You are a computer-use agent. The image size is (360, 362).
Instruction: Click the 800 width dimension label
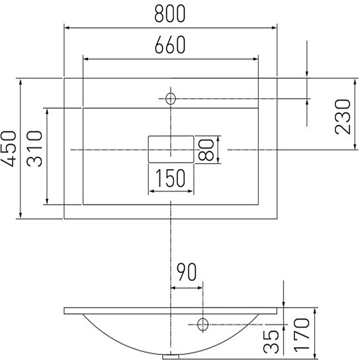coord(170,14)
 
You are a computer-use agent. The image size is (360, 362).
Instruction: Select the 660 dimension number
coord(170,45)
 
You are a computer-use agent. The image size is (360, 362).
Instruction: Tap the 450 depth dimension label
coord(9,149)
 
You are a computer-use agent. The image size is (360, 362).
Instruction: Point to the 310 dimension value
coord(35,149)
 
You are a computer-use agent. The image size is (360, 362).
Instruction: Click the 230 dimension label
coord(343,117)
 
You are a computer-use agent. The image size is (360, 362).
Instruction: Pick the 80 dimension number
coord(206,149)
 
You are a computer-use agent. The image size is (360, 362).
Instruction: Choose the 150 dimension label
coord(170,178)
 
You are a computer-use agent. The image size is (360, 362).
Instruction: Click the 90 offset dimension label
coord(187,272)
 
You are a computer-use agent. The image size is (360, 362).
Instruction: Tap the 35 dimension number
coord(271,342)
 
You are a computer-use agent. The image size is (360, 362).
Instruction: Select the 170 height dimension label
coord(301,335)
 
